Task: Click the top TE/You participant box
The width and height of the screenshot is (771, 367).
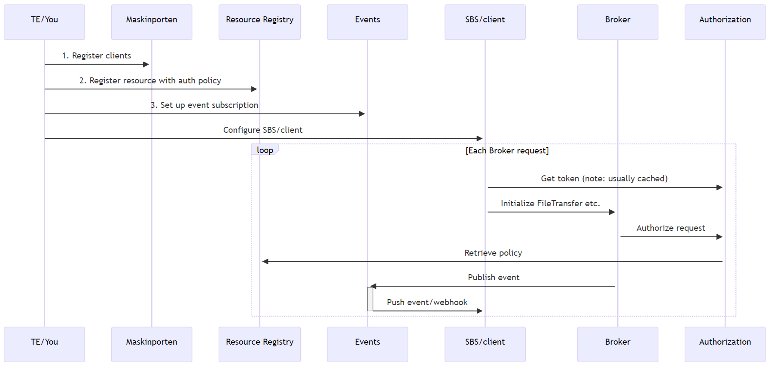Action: [x=44, y=22]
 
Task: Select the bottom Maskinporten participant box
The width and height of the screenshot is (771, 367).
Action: [x=152, y=344]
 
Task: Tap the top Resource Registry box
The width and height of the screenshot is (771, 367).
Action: [x=259, y=22]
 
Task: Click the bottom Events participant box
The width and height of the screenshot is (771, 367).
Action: [x=367, y=344]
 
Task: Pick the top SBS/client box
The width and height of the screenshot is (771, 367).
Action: [x=485, y=22]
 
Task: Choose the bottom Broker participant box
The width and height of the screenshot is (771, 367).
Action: [x=618, y=344]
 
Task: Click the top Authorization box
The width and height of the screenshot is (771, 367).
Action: [x=725, y=22]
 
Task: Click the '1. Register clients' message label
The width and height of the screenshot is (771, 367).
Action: [x=97, y=56]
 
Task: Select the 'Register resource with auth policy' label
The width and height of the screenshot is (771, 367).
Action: [x=150, y=81]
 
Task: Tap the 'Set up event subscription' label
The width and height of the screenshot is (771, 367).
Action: [x=204, y=105]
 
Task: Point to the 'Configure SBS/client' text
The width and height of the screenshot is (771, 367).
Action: [x=263, y=130]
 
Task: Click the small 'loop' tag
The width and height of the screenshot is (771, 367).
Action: [x=265, y=150]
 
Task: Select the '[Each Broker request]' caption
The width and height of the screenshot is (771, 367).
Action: [x=507, y=151]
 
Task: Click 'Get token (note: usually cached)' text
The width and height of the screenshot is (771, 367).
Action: [x=604, y=179]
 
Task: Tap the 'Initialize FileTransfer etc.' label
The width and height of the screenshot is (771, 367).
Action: [x=550, y=204]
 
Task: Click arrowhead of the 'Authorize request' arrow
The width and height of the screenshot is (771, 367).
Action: [x=719, y=237]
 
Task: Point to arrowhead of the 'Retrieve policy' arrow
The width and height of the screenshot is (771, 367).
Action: [x=265, y=261]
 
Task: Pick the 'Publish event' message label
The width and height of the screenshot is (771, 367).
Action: [x=494, y=278]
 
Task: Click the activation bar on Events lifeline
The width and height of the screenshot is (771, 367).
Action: [x=370, y=299]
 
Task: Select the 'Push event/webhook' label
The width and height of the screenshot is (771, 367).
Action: [x=427, y=303]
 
